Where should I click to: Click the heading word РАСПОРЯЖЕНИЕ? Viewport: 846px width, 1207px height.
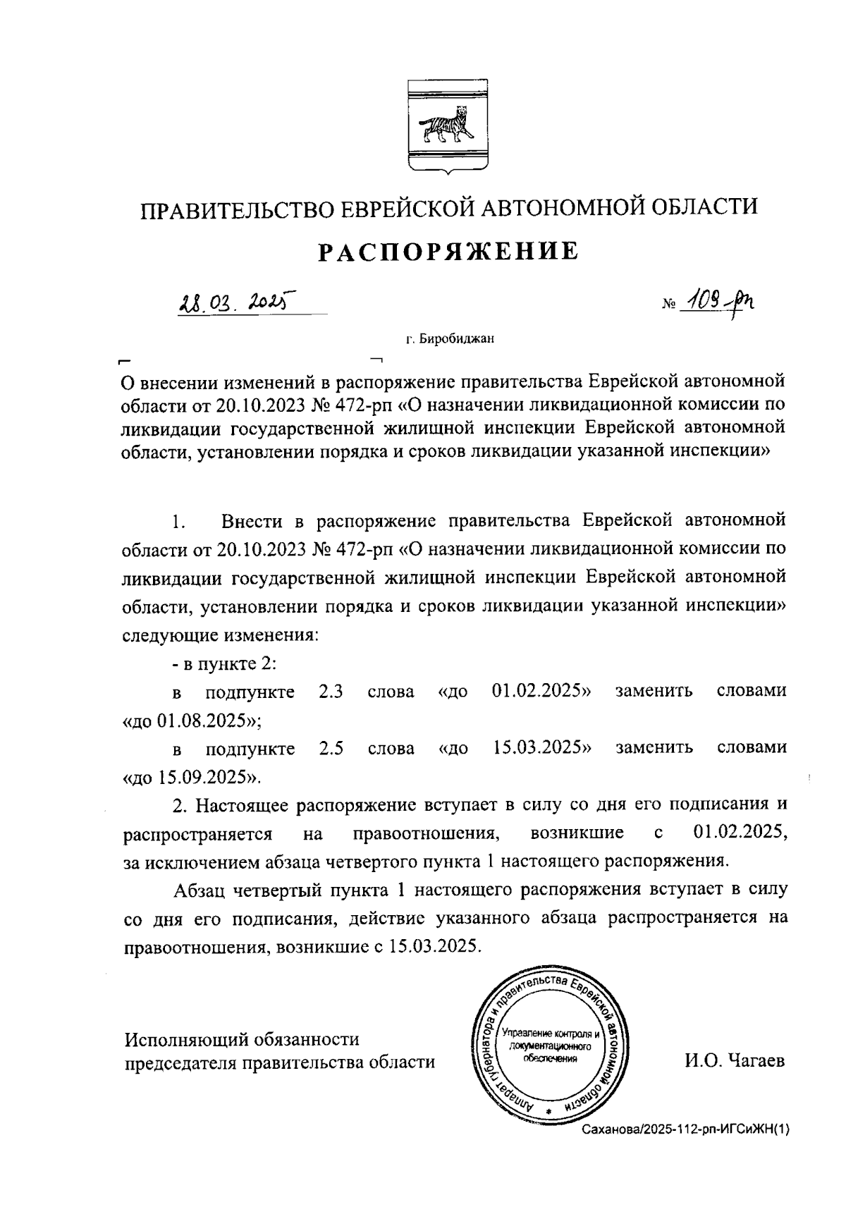448,251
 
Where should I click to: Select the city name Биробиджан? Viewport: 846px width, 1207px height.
457,339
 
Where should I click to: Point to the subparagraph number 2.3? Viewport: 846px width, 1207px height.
331,691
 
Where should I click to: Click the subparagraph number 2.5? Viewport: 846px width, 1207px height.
331,748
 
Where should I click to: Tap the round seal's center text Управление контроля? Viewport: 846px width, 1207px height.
550,1034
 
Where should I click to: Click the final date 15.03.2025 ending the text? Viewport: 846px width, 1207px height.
433,946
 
